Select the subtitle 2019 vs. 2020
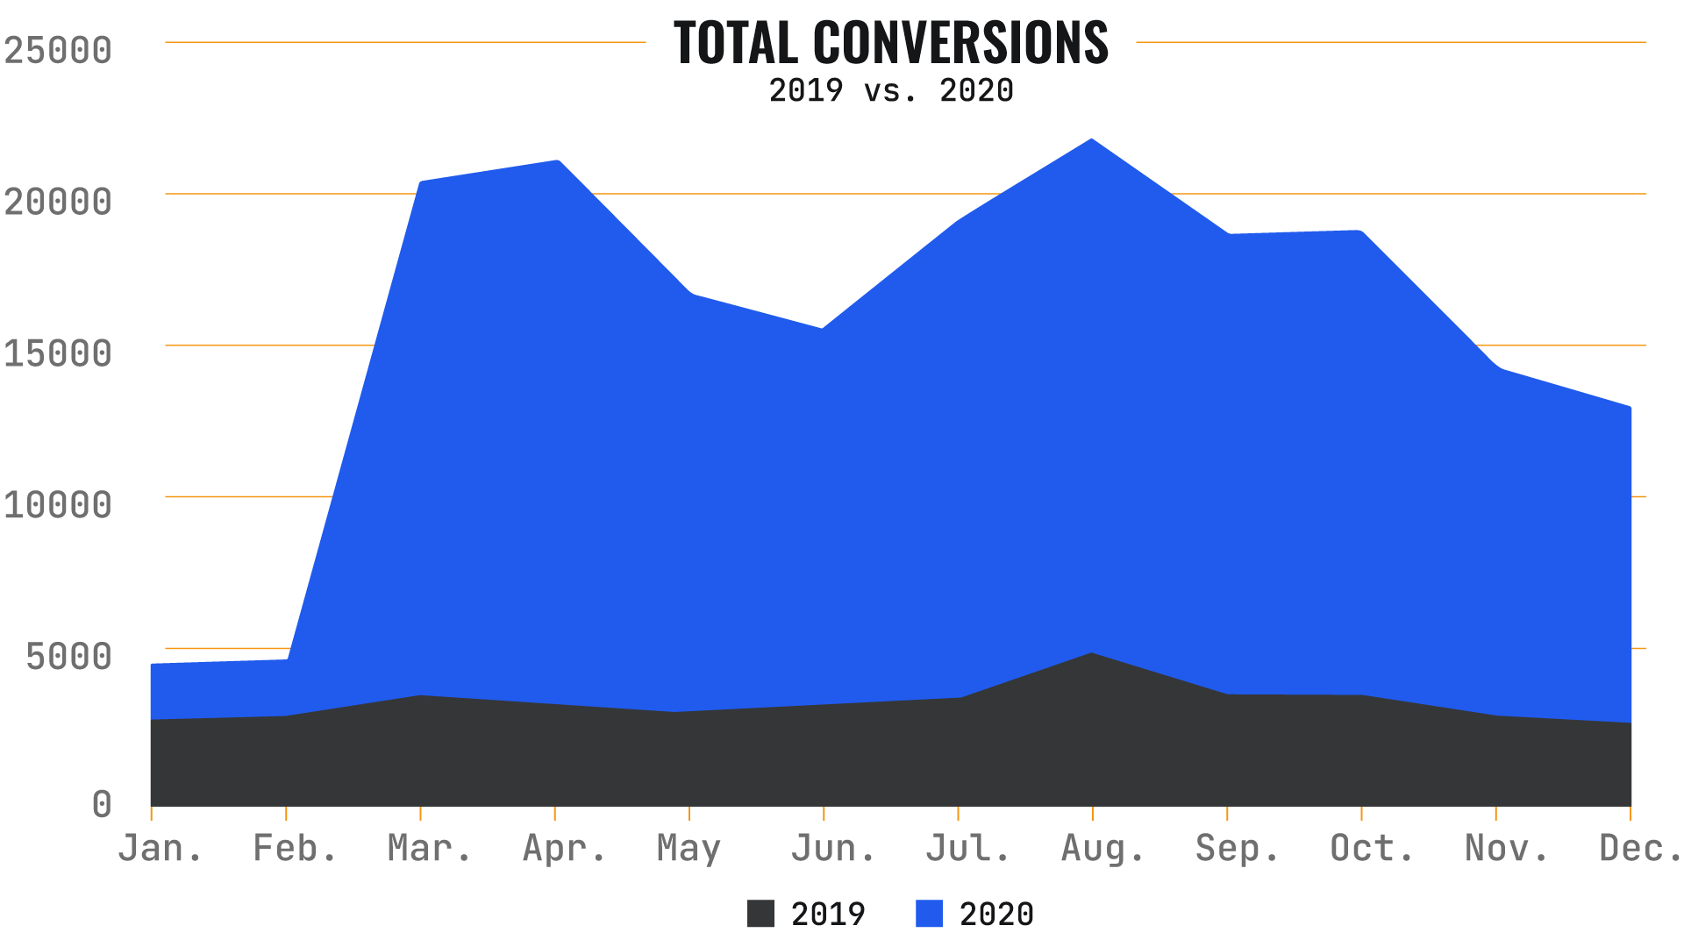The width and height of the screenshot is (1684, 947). [890, 90]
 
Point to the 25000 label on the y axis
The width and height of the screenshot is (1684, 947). [58, 50]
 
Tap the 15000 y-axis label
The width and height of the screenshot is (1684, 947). [58, 353]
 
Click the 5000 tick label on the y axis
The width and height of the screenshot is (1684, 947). [68, 656]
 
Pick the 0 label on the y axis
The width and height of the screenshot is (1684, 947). [102, 803]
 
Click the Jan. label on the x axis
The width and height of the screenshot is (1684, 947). [160, 848]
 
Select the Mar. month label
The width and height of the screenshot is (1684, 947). [429, 848]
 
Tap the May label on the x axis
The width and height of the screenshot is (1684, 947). [689, 848]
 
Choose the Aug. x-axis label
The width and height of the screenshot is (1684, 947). [1102, 848]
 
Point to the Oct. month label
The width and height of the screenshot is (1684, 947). [1372, 848]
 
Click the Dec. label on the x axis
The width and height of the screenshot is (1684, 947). [1639, 848]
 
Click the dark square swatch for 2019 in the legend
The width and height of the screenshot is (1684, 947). [760, 914]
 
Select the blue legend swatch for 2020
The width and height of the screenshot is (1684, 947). [929, 914]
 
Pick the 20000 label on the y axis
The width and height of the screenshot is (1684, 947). [58, 202]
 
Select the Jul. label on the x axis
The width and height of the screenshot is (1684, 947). [967, 848]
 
